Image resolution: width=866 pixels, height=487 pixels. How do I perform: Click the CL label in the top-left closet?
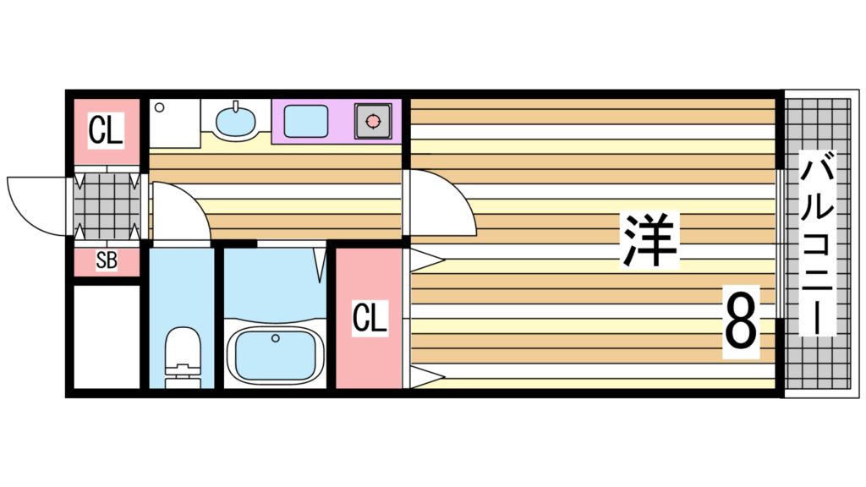(106, 131)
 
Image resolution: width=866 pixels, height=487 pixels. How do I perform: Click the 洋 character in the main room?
(650, 240)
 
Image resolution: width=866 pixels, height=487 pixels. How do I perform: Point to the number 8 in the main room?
(740, 322)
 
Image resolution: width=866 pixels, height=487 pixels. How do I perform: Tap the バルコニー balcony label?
(817, 245)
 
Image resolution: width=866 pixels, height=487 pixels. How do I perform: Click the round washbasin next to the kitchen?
(235, 122)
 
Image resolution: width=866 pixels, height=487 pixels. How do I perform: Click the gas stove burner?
(372, 121)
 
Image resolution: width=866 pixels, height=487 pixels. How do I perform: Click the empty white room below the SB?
(105, 336)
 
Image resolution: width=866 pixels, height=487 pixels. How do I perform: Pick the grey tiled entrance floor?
(106, 206)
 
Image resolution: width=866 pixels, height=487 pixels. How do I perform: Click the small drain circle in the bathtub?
(275, 339)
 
